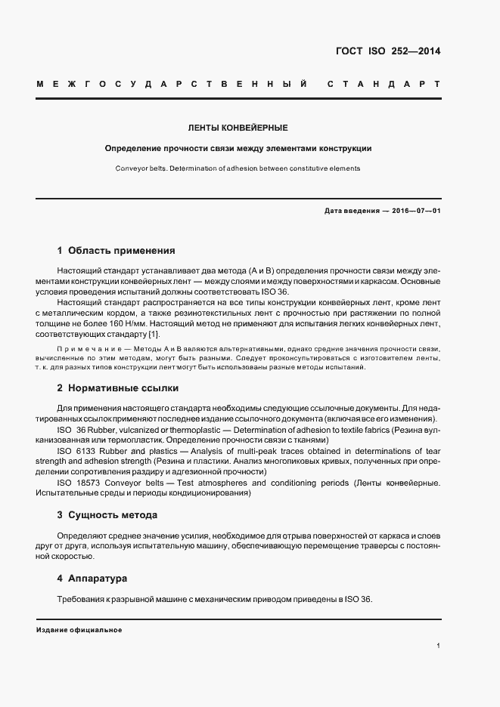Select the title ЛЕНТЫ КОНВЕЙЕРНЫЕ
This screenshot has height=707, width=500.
point(238,128)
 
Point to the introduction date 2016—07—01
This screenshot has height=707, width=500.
point(415,211)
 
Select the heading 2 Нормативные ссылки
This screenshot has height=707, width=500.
point(118,388)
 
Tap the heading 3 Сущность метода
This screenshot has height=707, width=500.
point(107,514)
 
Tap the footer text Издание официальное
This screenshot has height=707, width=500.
point(79,630)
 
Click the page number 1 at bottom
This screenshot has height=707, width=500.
point(438,646)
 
